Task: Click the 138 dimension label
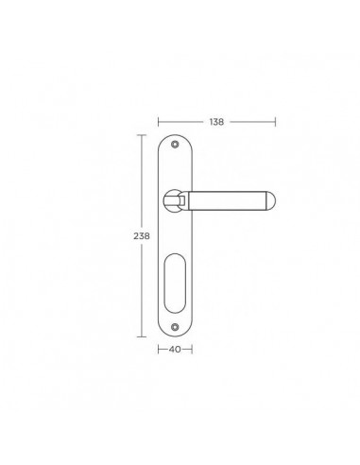pos(216,122)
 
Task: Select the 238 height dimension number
pos(142,236)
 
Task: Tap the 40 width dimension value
pos(175,350)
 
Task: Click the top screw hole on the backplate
pos(175,145)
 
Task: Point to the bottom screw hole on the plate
pos(175,327)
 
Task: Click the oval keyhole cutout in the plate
pos(175,283)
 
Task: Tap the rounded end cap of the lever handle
pos(271,200)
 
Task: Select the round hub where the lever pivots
pos(173,200)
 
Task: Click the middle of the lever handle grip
pos(228,200)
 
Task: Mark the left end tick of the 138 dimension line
pos(159,122)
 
